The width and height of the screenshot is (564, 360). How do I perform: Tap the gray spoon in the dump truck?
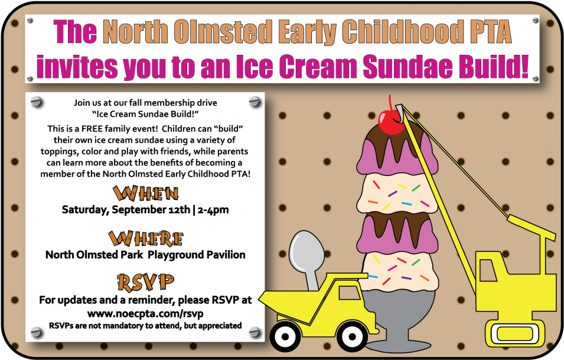pyautogui.click(x=307, y=256)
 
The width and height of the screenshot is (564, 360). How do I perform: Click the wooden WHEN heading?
pyautogui.click(x=146, y=194)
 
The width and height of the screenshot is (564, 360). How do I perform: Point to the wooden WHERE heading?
pyautogui.click(x=146, y=238)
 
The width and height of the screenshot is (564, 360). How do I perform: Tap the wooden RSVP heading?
pyautogui.click(x=146, y=283)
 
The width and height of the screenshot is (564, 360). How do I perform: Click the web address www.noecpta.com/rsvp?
pyautogui.click(x=145, y=313)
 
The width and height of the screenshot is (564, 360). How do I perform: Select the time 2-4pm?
pyautogui.click(x=213, y=210)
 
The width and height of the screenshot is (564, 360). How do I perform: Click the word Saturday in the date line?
pyautogui.click(x=85, y=210)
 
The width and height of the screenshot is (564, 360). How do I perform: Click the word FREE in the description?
pyautogui.click(x=92, y=129)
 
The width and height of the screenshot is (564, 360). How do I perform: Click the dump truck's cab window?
pyautogui.click(x=347, y=293)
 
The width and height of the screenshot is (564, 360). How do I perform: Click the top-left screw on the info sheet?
pyautogui.click(x=37, y=102)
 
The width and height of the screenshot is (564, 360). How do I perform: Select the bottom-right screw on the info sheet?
pyautogui.click(x=255, y=332)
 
